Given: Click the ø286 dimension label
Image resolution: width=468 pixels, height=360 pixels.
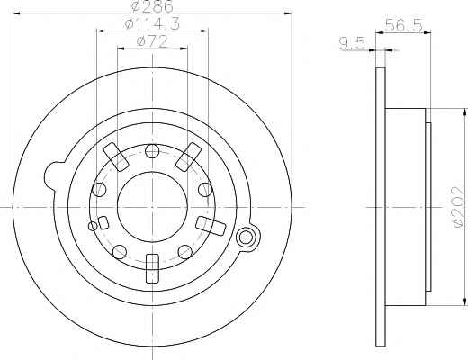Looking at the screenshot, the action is pyautogui.click(x=152, y=6).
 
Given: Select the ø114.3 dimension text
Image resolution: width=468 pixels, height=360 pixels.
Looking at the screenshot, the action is pyautogui.click(x=152, y=23).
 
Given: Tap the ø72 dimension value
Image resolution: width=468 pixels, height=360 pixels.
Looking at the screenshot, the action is pyautogui.click(x=152, y=41).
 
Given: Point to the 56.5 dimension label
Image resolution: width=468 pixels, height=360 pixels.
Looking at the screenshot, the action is pyautogui.click(x=404, y=25).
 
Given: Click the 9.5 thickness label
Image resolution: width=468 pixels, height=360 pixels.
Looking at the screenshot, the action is pyautogui.click(x=352, y=44).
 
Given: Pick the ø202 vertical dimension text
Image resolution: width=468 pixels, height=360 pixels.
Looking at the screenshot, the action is pyautogui.click(x=458, y=206).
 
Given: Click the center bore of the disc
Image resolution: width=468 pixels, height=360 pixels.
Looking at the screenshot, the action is pyautogui.click(x=152, y=207).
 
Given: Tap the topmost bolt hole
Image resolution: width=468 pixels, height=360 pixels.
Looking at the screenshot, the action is pyautogui.click(x=152, y=151).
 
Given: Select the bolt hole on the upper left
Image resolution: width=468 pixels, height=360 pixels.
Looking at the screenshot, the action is pyautogui.click(x=99, y=190).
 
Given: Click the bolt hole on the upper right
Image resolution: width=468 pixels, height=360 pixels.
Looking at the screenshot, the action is pyautogui.click(x=205, y=190).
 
